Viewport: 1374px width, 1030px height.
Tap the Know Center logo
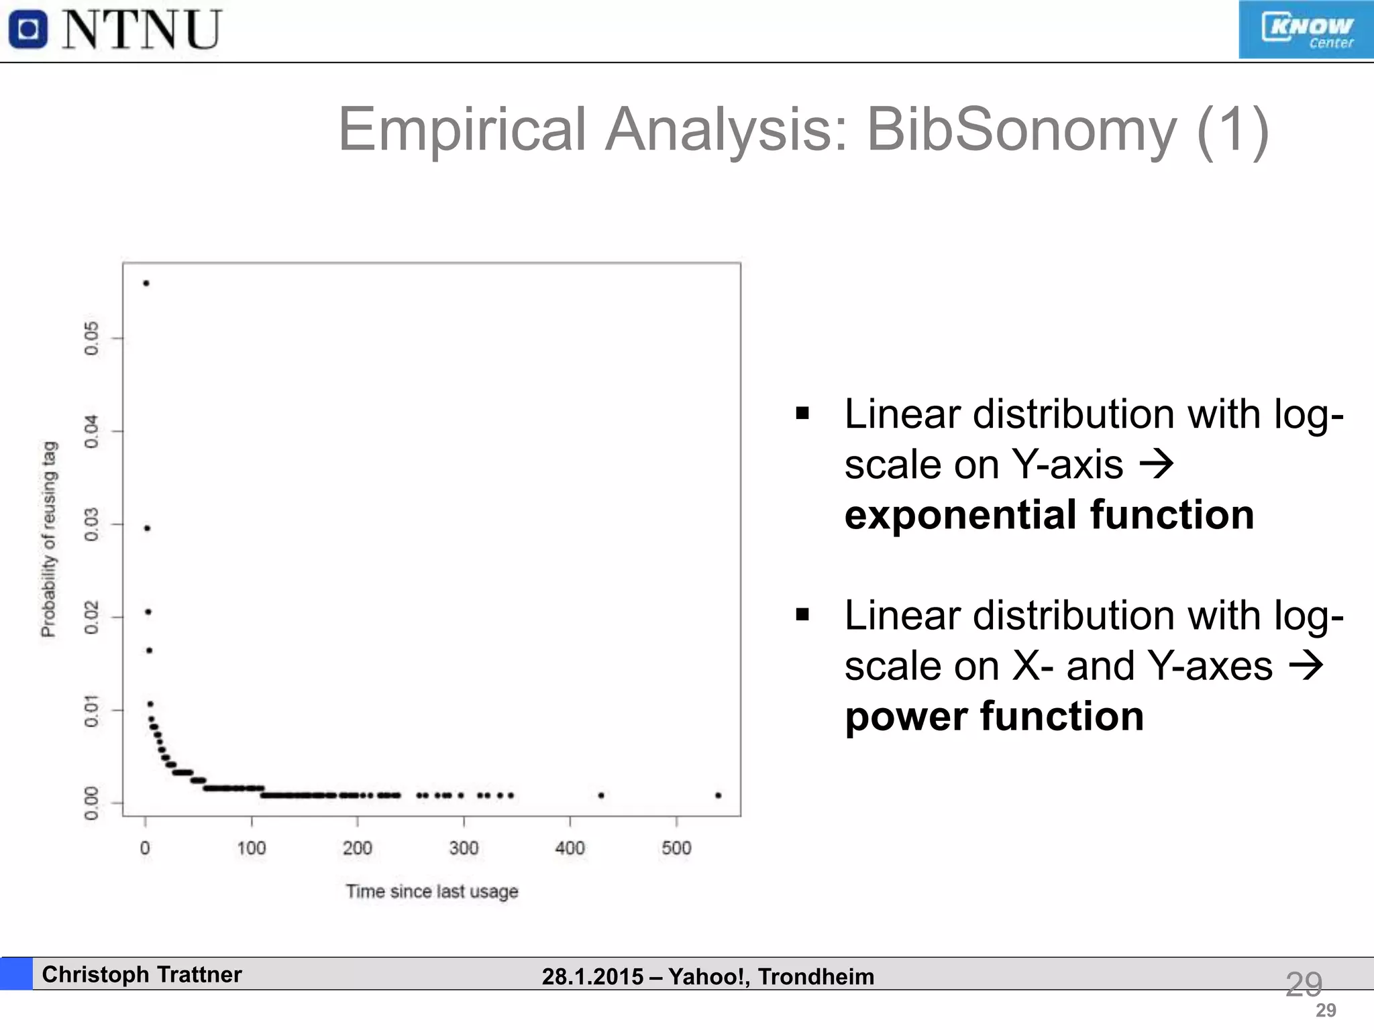pos(1306,30)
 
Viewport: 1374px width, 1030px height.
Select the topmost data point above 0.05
pos(146,283)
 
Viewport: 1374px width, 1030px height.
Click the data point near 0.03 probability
pos(148,528)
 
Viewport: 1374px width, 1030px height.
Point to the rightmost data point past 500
pos(719,795)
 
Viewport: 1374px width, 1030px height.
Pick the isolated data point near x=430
pos(601,795)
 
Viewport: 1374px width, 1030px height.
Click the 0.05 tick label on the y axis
pos(91,338)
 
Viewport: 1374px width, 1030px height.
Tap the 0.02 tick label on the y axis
pos(91,617)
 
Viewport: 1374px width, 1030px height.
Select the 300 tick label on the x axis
pos(464,848)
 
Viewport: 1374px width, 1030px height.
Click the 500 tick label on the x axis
pos(676,848)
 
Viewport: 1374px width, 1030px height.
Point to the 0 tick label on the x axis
pos(145,848)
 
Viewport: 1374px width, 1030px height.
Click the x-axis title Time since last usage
pos(432,891)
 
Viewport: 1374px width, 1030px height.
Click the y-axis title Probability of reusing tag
pos(49,539)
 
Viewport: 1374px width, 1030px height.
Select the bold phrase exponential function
pos(1049,515)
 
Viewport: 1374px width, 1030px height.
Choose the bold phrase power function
pos(994,716)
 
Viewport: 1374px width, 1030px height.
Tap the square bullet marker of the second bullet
pos(802,614)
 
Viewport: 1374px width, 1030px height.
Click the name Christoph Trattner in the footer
pos(142,974)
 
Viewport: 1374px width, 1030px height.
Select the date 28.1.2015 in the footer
pos(592,976)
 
